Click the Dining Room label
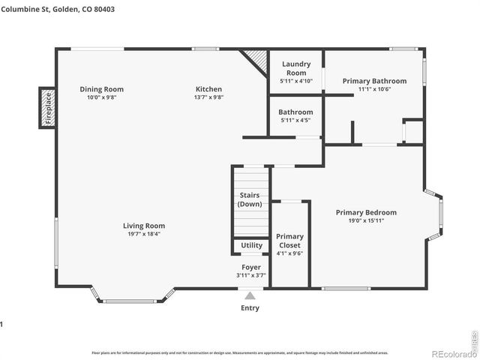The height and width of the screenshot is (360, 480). (101, 89)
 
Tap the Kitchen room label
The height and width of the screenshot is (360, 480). (208, 89)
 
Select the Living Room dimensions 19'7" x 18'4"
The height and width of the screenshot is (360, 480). (144, 234)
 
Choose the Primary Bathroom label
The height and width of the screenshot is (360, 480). (374, 81)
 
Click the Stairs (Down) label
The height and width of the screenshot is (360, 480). (249, 199)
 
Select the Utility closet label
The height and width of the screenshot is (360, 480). (251, 245)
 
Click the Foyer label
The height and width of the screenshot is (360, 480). (250, 267)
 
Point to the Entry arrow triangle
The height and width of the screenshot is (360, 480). (250, 296)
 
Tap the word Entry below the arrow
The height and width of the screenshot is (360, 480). (250, 307)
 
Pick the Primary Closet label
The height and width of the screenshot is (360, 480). (289, 241)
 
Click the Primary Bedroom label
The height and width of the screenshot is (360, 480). (366, 212)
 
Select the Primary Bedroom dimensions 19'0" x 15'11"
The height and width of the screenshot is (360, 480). (366, 220)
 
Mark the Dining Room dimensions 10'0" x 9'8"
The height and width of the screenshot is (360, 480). (101, 97)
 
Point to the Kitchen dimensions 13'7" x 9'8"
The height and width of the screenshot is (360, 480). (208, 97)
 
